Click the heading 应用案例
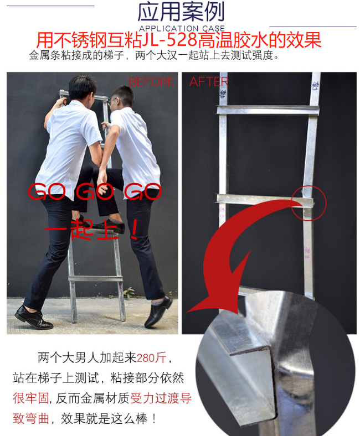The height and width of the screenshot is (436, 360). (181, 12)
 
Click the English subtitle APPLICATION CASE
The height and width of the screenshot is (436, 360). (181, 28)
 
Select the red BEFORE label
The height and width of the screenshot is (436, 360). (151, 82)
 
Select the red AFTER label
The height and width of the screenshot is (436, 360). (208, 82)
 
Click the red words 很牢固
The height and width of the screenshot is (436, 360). (31, 397)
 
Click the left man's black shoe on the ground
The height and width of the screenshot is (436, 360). (33, 318)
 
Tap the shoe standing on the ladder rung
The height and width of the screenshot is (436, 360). (108, 226)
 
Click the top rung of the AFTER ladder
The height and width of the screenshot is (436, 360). (269, 110)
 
